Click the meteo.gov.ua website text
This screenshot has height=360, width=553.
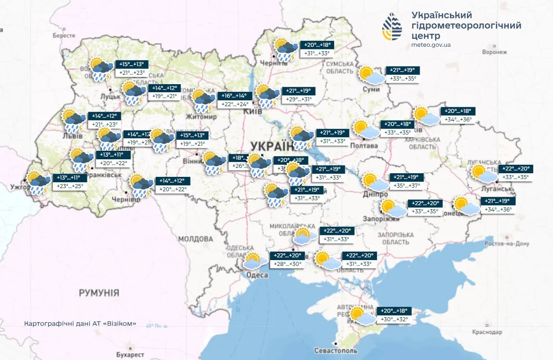coord(431,45)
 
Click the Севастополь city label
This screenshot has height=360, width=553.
coord(335,351)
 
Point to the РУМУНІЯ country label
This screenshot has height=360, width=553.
coord(99,293)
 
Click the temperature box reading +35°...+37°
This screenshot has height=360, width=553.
coord(407,185)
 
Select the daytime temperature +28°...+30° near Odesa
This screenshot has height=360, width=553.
coord(288,264)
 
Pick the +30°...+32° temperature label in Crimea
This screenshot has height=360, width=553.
coord(394,319)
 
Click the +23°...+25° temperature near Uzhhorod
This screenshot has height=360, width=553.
coord(70,186)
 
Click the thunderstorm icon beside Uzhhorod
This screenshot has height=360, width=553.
coord(39,182)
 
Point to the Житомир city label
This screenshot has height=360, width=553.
coord(204,117)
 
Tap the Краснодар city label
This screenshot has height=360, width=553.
coord(486,332)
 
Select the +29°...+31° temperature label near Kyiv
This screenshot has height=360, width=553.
coord(299,99)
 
